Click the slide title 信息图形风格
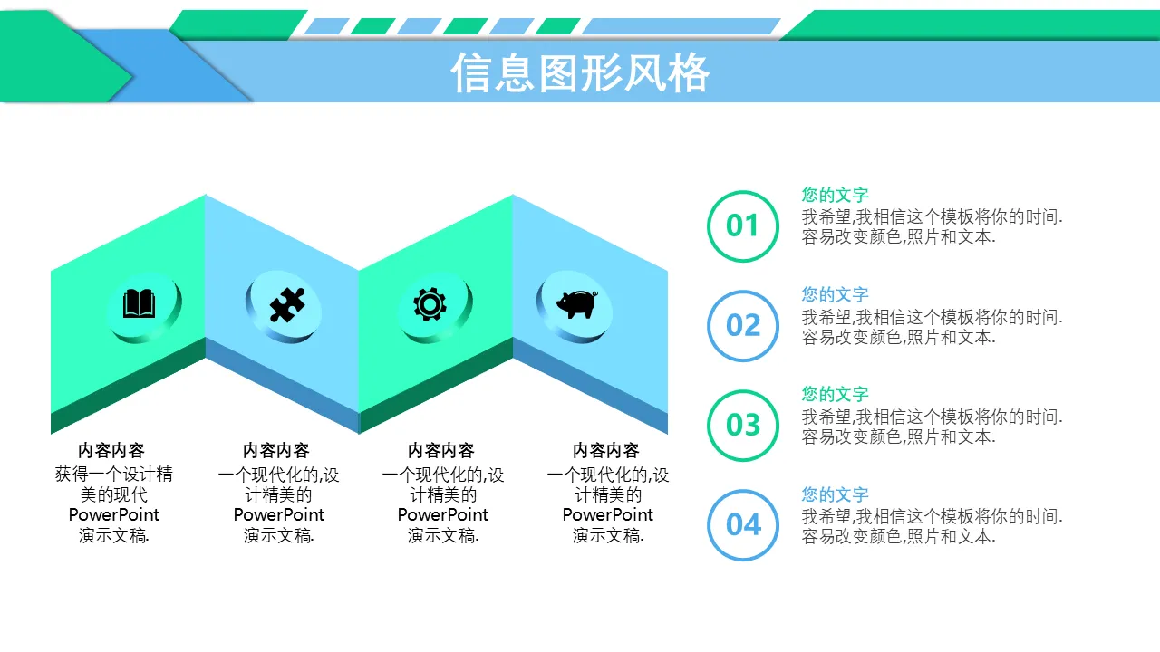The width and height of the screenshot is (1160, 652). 580,73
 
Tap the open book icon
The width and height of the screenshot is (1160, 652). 139,303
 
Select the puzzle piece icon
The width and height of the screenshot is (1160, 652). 287,305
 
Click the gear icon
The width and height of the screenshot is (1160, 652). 430,304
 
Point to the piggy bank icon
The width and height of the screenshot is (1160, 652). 577,303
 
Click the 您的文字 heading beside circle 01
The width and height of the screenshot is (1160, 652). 835,195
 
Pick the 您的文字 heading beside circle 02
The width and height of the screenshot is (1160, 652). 835,295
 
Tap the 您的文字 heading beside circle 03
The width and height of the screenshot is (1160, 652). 835,394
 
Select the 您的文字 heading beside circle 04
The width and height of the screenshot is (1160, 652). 835,494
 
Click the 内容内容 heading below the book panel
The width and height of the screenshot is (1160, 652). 111,451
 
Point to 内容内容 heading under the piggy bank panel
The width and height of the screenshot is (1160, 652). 606,451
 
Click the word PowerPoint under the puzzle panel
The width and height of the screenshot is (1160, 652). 278,515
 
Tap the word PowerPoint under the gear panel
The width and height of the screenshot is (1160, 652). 443,515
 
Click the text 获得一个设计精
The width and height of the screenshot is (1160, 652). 114,474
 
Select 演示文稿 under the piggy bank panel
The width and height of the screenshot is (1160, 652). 607,535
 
